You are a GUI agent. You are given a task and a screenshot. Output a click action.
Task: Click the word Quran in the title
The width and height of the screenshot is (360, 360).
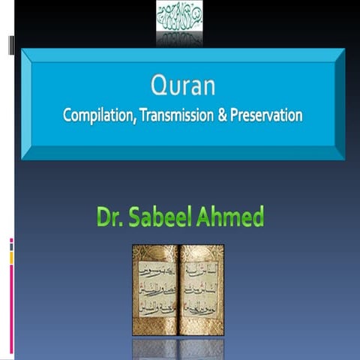pos(183,87)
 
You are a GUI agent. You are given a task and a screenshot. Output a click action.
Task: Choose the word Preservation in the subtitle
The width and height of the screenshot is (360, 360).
pos(265,116)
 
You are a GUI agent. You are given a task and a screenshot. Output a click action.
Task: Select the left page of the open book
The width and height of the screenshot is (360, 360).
pos(155,289)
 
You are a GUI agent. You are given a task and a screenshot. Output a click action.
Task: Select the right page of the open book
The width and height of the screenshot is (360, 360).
pos(201,289)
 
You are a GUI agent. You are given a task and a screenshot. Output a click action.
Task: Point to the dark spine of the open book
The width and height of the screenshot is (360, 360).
pos(178,289)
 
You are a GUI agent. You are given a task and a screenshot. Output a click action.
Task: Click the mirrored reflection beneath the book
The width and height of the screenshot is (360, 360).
pos(178,348)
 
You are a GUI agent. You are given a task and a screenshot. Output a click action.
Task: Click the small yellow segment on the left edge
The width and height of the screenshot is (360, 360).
pos(11,257)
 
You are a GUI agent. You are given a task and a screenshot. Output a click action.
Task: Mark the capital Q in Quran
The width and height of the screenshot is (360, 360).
pos(157,87)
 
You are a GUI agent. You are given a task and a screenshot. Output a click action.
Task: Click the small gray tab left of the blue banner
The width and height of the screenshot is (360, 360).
pos(10,46)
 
